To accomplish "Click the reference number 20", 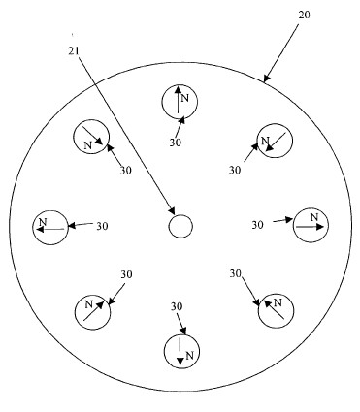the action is tap(304, 15).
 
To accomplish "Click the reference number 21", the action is tap(74, 50).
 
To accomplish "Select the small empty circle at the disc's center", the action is tap(180, 226).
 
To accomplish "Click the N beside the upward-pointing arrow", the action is tap(184, 98).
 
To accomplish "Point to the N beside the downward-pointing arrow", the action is tap(190, 356).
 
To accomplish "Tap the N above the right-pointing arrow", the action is tap(314, 217).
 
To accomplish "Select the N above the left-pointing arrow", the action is tap(43, 222).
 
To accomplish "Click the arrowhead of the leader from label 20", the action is tap(266, 79).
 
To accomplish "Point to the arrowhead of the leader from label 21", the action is tap(172, 210).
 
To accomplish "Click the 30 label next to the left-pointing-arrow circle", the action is tap(102, 226).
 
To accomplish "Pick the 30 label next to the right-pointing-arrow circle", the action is tap(258, 225).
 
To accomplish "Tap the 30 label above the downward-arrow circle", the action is tap(177, 306).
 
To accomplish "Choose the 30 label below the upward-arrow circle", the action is tap(176, 143).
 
